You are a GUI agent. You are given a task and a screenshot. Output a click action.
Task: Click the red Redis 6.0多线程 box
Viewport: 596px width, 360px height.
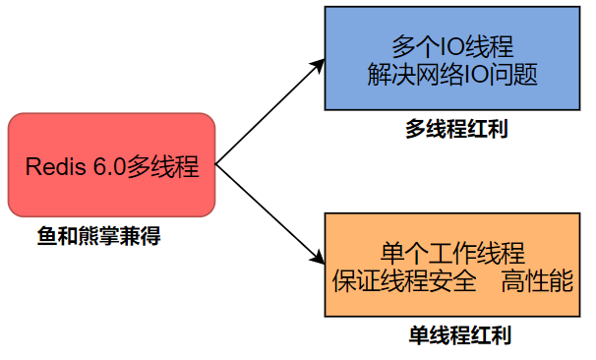pyautogui.click(x=111, y=164)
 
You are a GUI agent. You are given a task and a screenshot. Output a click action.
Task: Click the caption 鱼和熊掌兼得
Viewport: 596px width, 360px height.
pyautogui.click(x=98, y=236)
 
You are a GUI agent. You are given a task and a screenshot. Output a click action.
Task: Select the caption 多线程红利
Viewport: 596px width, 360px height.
pyautogui.click(x=456, y=129)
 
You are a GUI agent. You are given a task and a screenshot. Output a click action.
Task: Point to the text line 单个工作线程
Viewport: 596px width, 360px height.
pyautogui.click(x=451, y=251)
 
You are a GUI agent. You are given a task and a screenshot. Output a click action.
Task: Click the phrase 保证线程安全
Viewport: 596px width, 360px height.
pyautogui.click(x=405, y=281)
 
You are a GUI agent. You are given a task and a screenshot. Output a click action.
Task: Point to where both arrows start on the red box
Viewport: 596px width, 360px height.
pyautogui.click(x=216, y=164)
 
